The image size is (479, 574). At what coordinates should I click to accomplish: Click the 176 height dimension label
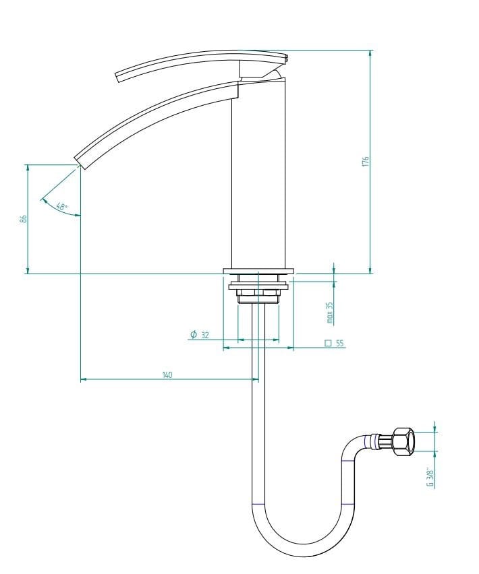click(x=366, y=162)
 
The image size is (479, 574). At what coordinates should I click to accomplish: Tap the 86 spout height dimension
click(x=23, y=219)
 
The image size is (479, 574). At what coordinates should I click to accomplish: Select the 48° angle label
click(x=62, y=206)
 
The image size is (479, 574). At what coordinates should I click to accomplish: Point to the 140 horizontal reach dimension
click(x=167, y=375)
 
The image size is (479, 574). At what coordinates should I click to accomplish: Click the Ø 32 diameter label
click(x=200, y=335)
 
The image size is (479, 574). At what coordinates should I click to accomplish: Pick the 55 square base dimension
click(x=340, y=344)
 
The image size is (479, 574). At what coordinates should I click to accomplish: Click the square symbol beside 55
click(x=328, y=344)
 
